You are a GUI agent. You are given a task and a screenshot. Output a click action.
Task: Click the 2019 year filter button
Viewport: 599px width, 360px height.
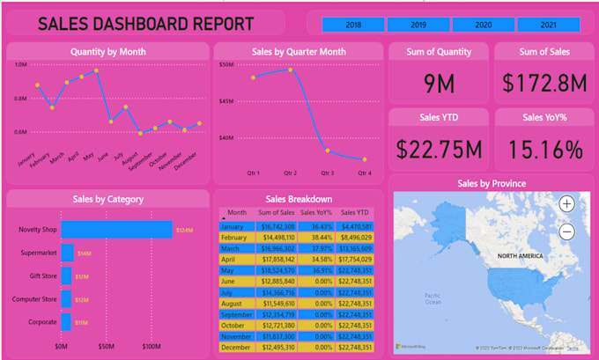[x=418, y=26]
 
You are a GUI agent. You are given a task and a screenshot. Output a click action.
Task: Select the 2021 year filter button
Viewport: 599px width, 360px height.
[x=548, y=26]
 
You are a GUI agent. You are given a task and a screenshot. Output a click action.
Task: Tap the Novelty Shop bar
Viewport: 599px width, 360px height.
[x=116, y=230]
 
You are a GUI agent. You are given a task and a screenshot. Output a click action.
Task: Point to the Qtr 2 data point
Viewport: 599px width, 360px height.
[x=290, y=70]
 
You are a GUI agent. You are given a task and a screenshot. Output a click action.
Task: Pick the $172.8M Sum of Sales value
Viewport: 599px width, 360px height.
[x=544, y=84]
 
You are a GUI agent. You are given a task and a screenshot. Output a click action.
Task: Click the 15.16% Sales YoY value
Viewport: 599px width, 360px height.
[x=544, y=149]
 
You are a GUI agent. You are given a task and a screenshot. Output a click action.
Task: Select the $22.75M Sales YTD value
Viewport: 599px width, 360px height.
[x=438, y=149]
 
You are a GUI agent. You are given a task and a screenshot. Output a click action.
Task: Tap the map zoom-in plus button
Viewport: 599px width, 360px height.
[x=566, y=203]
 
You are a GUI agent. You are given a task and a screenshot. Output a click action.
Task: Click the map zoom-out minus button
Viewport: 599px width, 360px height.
[x=566, y=232]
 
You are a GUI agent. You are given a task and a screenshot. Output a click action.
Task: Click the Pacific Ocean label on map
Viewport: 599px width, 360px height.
[x=431, y=298]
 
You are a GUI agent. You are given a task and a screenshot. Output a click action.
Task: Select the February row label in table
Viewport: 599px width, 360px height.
[x=234, y=238]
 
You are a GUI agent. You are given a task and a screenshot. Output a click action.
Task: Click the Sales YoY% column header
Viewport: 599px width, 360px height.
[x=315, y=213]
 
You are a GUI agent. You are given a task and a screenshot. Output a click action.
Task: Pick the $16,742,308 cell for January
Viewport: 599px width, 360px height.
[x=276, y=226]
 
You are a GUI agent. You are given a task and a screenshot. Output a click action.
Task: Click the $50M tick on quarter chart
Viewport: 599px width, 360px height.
[x=226, y=64]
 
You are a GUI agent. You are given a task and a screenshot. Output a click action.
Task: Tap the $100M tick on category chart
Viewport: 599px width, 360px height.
[x=152, y=346]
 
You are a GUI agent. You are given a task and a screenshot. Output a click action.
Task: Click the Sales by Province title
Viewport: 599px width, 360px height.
[x=492, y=184]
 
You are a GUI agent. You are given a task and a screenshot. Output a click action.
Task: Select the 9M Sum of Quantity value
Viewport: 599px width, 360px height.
[x=438, y=84]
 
